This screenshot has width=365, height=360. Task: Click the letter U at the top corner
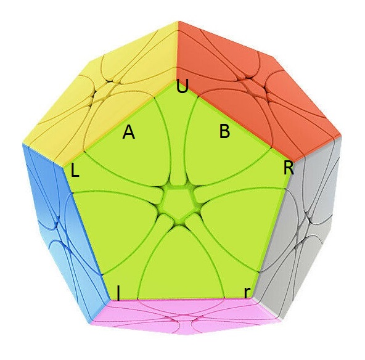pyautogui.click(x=182, y=86)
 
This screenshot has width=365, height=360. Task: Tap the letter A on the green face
pyautogui.click(x=129, y=132)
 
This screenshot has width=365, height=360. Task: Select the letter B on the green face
pyautogui.click(x=225, y=131)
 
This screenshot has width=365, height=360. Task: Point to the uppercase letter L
pyautogui.click(x=75, y=171)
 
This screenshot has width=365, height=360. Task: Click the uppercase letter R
pyautogui.click(x=289, y=168)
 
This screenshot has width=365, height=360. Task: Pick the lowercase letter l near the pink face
pyautogui.click(x=119, y=293)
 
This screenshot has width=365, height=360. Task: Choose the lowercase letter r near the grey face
pyautogui.click(x=247, y=293)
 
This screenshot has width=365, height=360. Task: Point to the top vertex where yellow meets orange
pyautogui.click(x=178, y=22)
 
